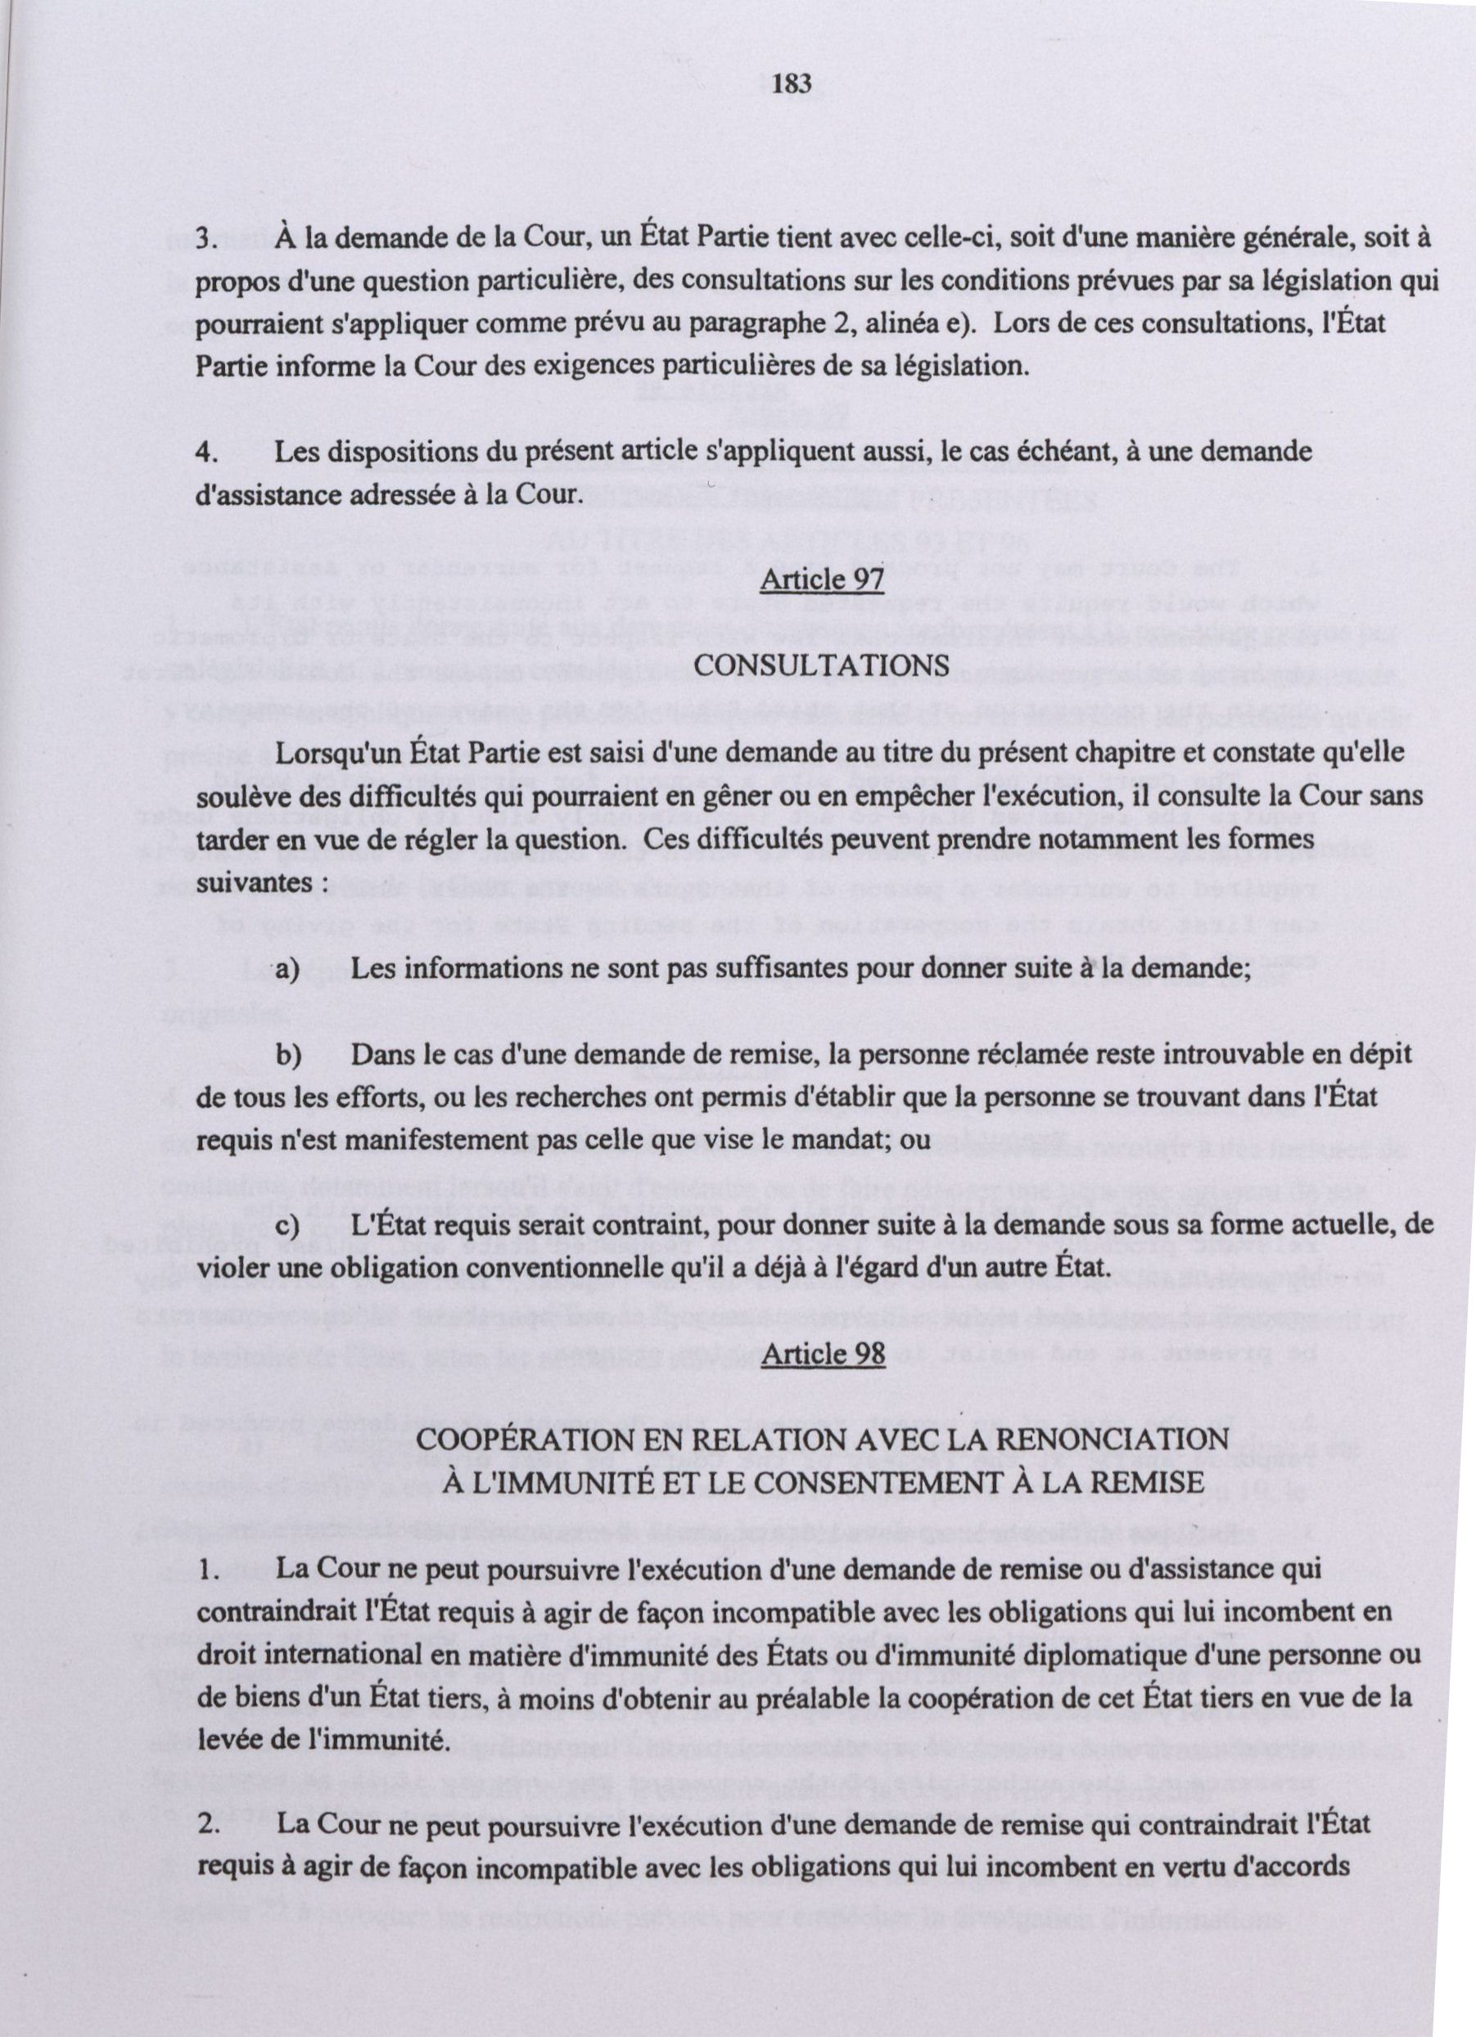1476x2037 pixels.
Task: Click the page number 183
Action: click(792, 84)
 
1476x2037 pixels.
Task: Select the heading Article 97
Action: click(823, 581)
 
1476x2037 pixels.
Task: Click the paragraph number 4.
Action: click(206, 452)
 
